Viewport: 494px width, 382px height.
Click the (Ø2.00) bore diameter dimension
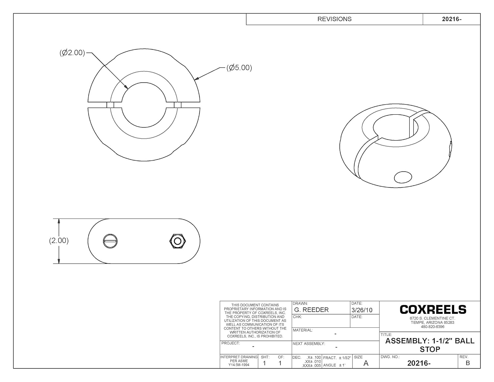(72, 53)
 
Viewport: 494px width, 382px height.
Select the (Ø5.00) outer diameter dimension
(239, 68)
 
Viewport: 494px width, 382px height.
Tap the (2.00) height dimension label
(59, 241)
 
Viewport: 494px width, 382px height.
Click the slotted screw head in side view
(110, 241)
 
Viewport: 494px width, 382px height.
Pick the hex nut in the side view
(178, 241)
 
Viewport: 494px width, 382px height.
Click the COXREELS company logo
(433, 309)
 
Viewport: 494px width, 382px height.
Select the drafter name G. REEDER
(311, 310)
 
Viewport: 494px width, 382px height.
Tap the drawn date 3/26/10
(362, 310)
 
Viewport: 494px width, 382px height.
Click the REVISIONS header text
(334, 19)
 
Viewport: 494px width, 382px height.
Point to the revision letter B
(468, 363)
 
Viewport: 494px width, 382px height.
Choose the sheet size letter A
(366, 363)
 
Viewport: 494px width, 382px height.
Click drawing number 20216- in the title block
(419, 363)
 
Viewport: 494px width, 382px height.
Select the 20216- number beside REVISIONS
(452, 19)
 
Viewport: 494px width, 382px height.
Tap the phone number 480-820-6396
(432, 327)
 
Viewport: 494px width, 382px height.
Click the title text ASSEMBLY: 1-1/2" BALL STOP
(430, 345)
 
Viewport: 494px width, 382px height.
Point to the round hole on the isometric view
(403, 177)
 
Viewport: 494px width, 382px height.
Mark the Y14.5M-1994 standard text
(239, 365)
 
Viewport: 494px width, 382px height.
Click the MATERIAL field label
(303, 330)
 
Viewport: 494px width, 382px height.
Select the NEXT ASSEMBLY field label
(309, 343)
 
